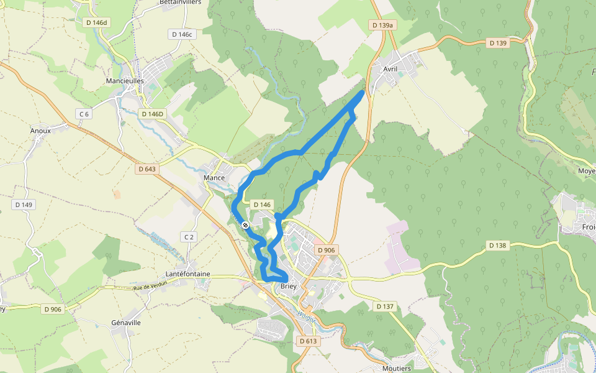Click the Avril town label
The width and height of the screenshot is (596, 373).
[x=390, y=69]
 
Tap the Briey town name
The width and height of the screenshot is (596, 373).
[x=289, y=287]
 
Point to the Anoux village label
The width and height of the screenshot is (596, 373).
[x=40, y=131]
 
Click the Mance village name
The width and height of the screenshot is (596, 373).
[x=214, y=178]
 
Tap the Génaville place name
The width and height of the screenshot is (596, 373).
[x=126, y=323]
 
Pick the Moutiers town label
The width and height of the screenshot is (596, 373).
[x=397, y=369]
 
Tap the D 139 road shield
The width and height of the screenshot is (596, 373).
[x=498, y=43]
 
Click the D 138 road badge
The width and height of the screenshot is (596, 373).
[x=497, y=246]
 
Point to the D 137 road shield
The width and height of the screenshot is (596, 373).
[x=386, y=306]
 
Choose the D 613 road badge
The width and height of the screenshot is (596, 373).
[x=308, y=341]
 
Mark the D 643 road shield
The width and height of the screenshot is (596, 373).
[x=147, y=169]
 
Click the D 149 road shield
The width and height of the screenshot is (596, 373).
[x=24, y=205]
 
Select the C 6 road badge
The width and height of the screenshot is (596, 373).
[x=84, y=114]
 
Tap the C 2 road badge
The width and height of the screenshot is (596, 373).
[x=189, y=237]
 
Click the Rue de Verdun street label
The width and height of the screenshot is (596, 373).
[x=152, y=287]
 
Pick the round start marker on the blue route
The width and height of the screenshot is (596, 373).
[x=246, y=225]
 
